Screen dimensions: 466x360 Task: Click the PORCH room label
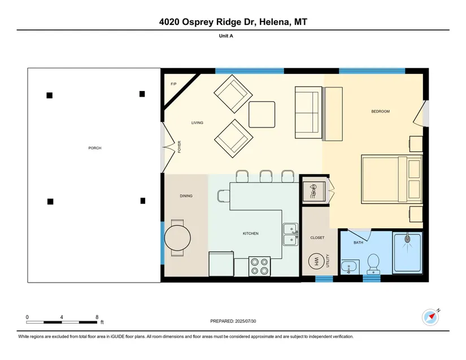coord(95,148)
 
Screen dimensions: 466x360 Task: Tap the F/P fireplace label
coord(173,84)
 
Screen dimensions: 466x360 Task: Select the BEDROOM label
coord(380,111)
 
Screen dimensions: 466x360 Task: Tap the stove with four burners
coord(259,266)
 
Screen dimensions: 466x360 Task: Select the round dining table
coord(177,238)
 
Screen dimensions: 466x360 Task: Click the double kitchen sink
coord(290,234)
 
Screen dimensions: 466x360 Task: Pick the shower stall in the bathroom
coord(407,253)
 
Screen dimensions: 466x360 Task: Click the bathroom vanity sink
coord(350,267)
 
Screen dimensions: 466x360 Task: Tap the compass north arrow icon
coord(430,318)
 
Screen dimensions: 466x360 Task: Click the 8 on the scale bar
coord(97,317)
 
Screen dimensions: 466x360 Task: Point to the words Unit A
coord(226,36)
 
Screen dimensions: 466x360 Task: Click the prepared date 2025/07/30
coord(246,321)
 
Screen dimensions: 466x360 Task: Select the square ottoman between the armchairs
coord(262,115)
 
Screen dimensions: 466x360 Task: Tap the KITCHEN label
coord(251,233)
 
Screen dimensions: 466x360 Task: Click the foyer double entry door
coord(168,148)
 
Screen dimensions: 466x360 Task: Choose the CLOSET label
coord(317,238)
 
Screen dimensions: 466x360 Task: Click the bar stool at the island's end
coord(224,196)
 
